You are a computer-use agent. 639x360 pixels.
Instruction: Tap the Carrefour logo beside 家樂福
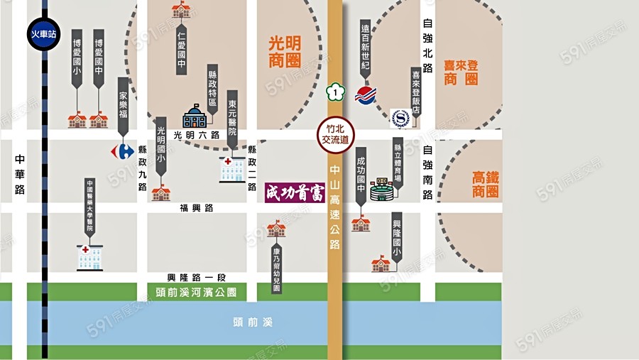123,150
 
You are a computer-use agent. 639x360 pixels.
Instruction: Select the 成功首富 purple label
295,192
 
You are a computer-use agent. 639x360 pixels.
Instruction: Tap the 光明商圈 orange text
285,52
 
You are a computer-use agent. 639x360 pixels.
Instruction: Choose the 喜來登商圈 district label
461,73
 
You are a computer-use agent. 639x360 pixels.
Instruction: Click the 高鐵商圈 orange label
486,184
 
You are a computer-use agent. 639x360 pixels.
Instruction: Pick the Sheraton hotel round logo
401,117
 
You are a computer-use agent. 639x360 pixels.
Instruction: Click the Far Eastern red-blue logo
366,94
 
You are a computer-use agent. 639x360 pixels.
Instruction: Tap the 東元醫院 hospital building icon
232,170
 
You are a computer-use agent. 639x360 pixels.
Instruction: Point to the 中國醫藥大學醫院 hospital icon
90,257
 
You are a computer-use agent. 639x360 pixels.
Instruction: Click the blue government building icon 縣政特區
195,116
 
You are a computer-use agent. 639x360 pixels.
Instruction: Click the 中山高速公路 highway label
334,206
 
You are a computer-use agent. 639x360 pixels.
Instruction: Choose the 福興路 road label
197,208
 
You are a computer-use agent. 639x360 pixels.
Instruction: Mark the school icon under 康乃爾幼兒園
276,229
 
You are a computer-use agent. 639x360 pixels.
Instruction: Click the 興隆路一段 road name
196,277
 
